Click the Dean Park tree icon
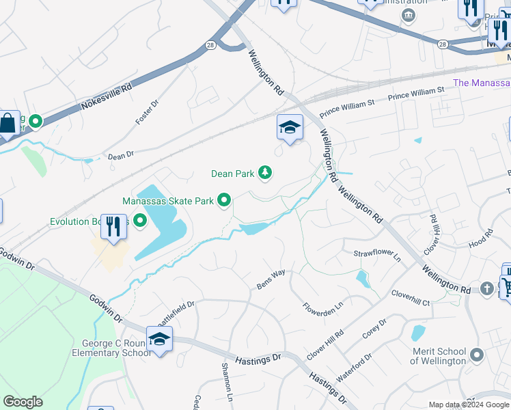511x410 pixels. [265, 174]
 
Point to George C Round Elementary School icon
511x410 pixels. [159, 339]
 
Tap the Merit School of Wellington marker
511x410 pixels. [477, 355]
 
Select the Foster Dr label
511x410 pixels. [146, 111]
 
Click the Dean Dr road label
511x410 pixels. [121, 156]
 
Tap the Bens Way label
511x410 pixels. [271, 279]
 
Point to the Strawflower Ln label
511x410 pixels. [376, 254]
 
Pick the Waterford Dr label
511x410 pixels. [354, 368]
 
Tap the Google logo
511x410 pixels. [23, 402]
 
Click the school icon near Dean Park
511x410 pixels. [290, 127]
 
